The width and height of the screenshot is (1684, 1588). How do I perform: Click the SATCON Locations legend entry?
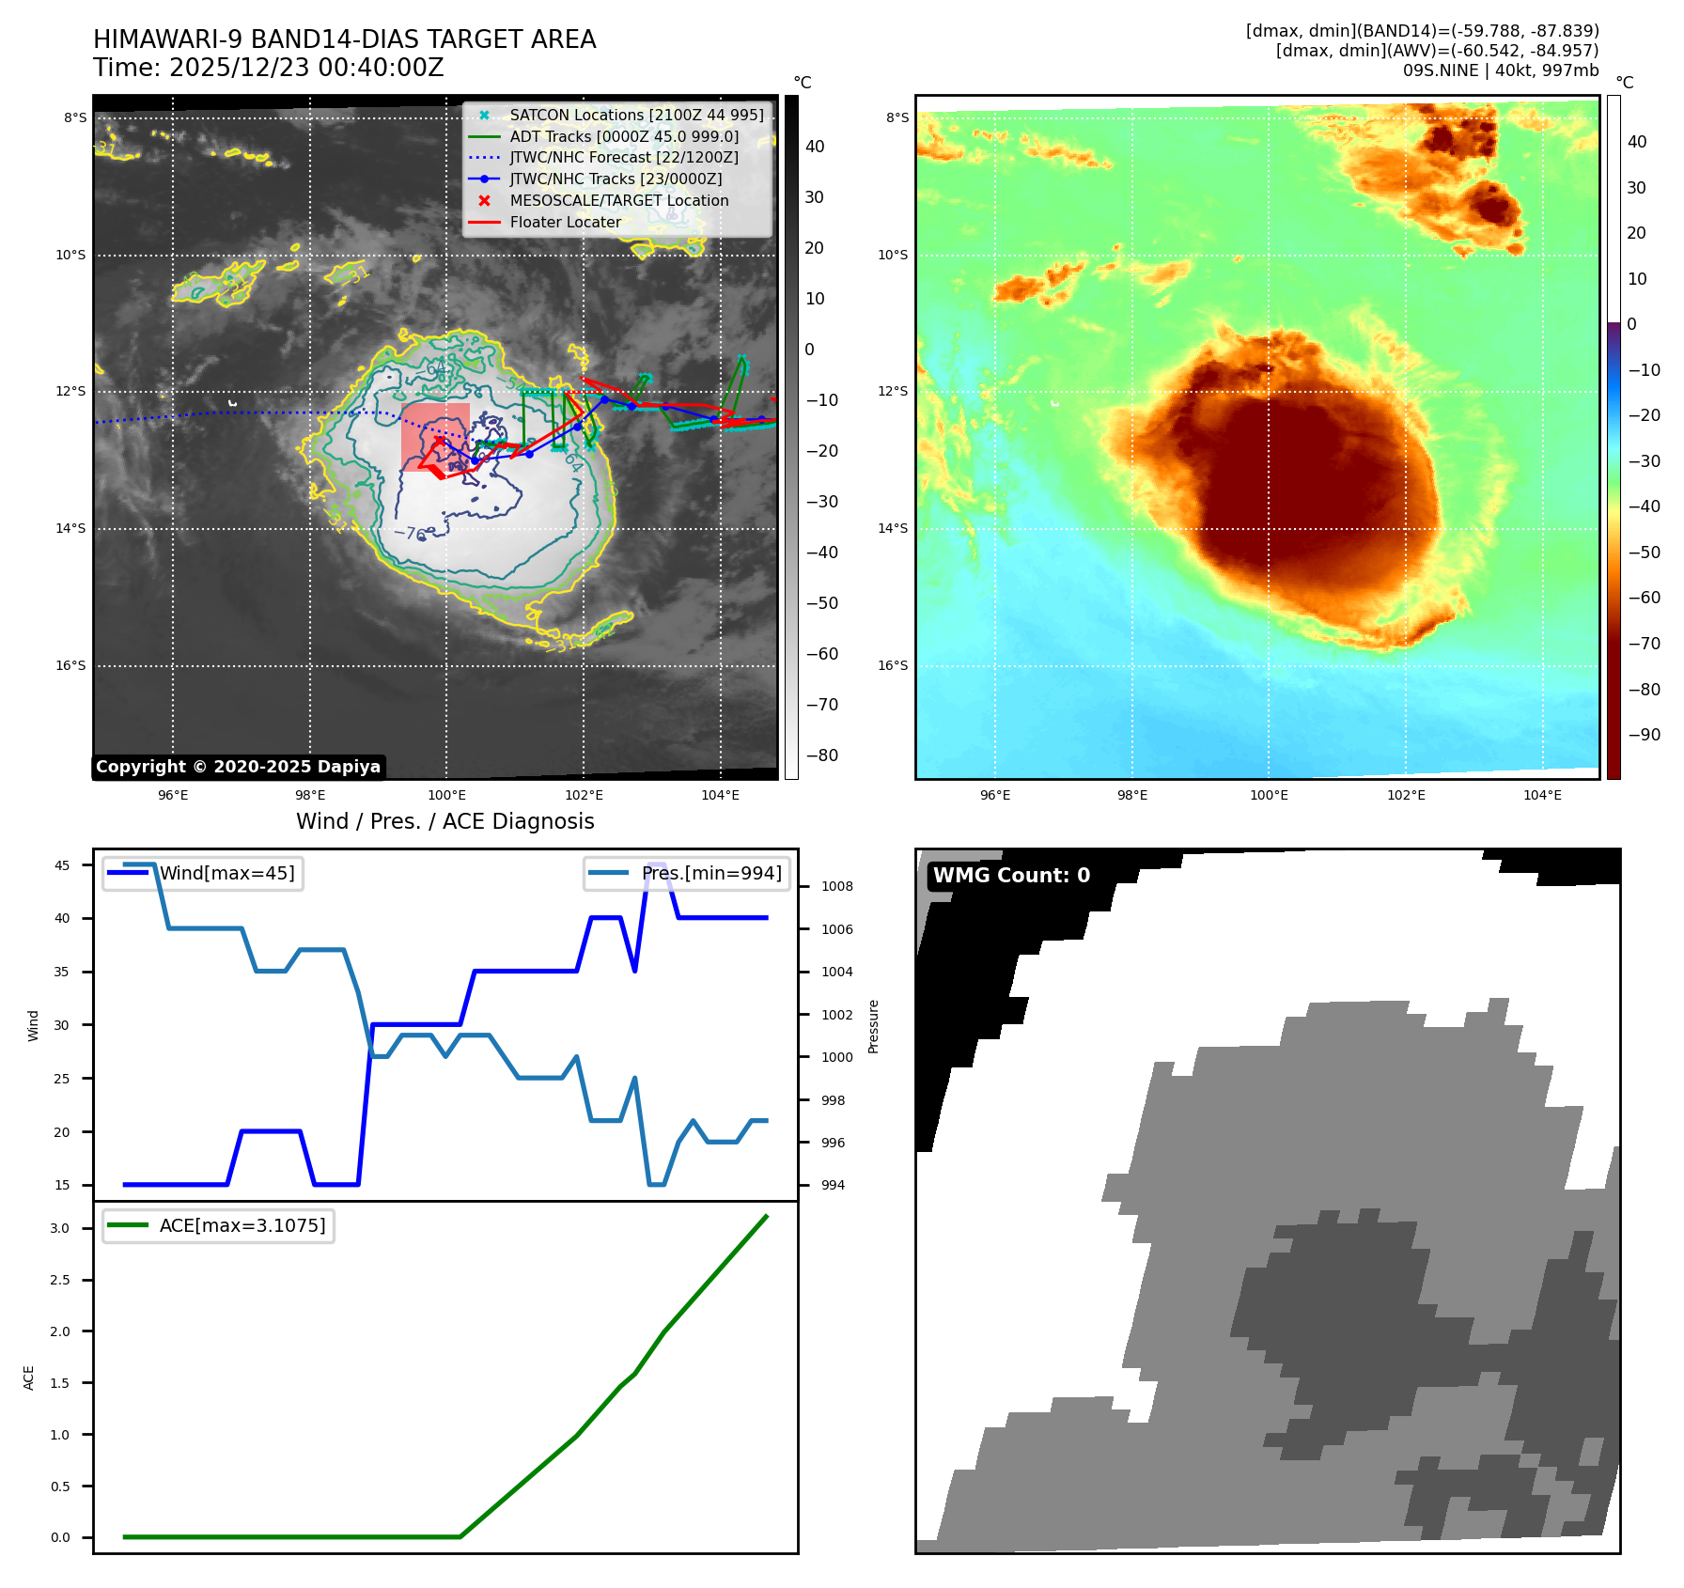click(x=636, y=115)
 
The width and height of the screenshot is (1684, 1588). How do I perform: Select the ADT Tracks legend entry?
click(x=624, y=136)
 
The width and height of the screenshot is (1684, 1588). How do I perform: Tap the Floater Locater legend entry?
click(x=565, y=222)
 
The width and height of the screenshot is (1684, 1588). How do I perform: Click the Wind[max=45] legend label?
click(x=226, y=873)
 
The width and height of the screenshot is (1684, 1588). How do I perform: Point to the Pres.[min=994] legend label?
click(x=711, y=873)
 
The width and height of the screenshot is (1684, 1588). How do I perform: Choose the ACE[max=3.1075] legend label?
click(x=242, y=1225)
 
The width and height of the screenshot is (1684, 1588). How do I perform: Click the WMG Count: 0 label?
click(x=1011, y=875)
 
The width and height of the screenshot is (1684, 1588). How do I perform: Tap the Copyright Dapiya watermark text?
click(x=238, y=767)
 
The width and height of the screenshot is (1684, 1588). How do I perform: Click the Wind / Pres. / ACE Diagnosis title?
click(x=444, y=821)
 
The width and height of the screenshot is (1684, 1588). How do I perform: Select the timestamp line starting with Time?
click(x=268, y=68)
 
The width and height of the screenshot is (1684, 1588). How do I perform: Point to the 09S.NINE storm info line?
click(x=1500, y=70)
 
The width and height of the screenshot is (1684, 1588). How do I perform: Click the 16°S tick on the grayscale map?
click(x=70, y=665)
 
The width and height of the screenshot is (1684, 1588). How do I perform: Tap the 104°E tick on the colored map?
click(x=1542, y=795)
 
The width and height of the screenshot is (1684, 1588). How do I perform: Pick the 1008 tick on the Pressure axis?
click(x=837, y=886)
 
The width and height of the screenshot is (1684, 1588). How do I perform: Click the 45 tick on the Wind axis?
click(x=62, y=865)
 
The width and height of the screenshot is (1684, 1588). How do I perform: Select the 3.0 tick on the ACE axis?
click(x=60, y=1228)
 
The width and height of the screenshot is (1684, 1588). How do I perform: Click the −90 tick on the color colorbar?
click(x=1645, y=735)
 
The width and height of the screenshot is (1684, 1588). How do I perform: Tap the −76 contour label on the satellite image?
click(x=410, y=533)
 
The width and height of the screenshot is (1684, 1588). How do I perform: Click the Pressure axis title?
click(x=873, y=1026)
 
